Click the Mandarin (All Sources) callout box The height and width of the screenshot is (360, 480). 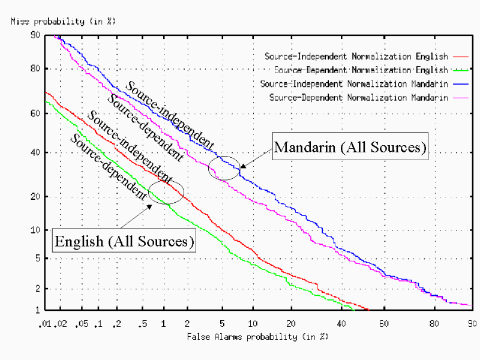[350, 147]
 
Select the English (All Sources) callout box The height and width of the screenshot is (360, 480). [125, 242]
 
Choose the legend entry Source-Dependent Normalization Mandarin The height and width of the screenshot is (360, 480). [358, 97]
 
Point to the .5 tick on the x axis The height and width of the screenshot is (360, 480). [142, 323]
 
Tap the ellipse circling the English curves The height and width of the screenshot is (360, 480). [166, 192]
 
